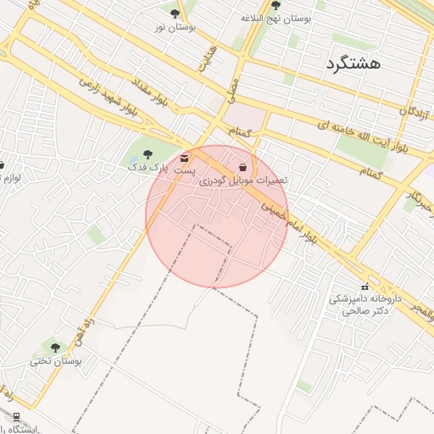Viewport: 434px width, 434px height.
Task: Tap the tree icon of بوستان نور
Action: [x=175, y=14]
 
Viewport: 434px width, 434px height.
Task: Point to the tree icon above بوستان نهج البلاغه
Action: [x=275, y=5]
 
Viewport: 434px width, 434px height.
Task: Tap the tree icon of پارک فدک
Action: [x=148, y=154]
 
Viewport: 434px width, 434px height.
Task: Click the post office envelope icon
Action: [x=185, y=158]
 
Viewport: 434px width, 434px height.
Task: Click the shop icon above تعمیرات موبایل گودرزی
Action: [x=243, y=168]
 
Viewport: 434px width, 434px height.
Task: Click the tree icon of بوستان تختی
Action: [x=56, y=348]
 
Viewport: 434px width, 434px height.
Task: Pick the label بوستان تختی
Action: [x=54, y=360]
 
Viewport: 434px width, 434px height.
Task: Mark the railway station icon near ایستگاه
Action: [x=16, y=416]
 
